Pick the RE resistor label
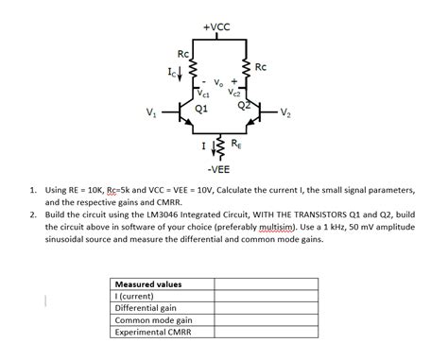coord(235,143)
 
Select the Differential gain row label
coord(146,308)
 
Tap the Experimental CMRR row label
coord(153,333)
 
